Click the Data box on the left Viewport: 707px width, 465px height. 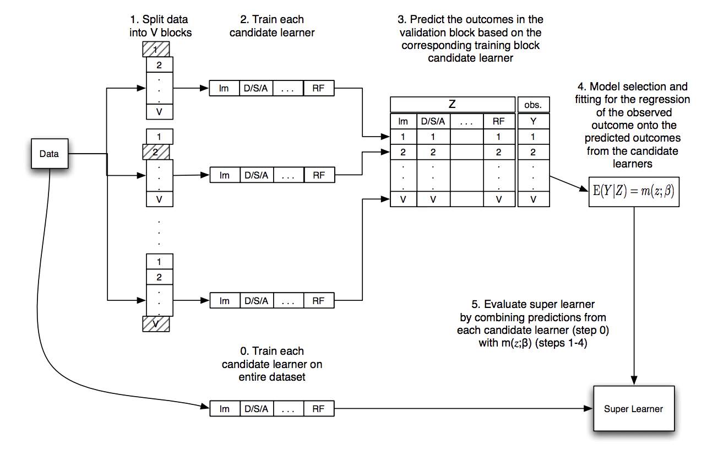tap(49, 154)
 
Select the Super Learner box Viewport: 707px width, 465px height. tap(633, 409)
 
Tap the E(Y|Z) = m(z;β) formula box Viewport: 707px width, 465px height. tap(634, 192)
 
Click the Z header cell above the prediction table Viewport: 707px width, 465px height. tap(452, 105)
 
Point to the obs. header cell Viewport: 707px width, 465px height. tap(533, 105)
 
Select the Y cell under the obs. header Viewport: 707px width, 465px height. tap(533, 121)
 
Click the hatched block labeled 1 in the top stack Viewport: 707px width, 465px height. tap(156, 50)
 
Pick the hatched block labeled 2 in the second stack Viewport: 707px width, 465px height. tap(156, 152)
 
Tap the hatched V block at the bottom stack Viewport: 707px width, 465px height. tap(156, 324)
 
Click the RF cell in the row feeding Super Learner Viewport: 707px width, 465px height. tap(318, 409)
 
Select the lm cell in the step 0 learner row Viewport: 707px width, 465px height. tap(224, 409)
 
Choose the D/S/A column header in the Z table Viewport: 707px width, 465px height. tap(433, 121)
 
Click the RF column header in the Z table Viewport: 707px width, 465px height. tap(498, 121)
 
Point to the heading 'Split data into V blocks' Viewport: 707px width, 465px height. tap(160, 26)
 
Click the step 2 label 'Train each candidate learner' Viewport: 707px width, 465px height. tap(272, 26)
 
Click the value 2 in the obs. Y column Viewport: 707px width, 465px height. tap(533, 153)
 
